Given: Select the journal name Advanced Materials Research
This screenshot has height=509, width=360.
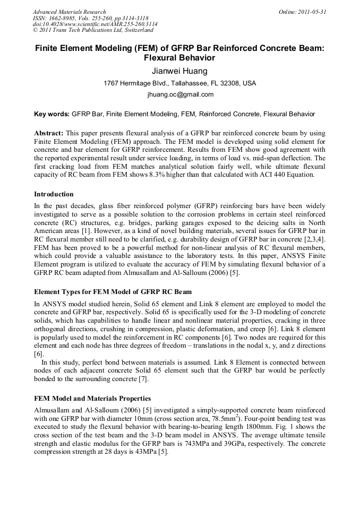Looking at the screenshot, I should click(69, 12).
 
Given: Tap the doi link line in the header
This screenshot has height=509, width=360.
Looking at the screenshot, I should click(95, 24).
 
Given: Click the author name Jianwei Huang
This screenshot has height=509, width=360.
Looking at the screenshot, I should click(179, 71).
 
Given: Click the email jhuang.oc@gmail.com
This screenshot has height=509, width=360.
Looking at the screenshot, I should click(180, 95).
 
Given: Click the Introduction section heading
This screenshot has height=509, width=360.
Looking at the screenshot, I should click(54, 194).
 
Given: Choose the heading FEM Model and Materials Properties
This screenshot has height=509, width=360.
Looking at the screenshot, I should click(92, 399).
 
